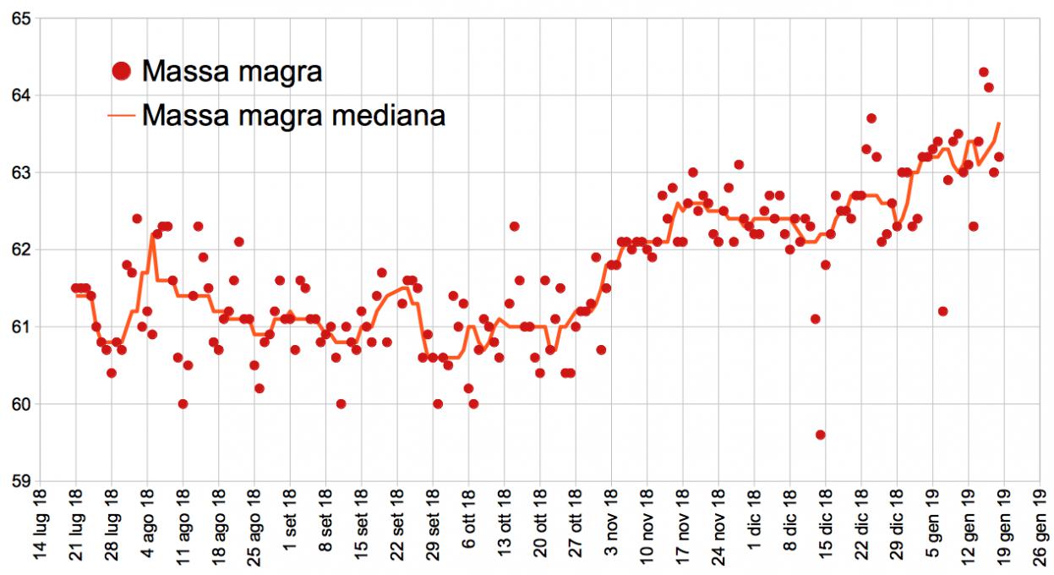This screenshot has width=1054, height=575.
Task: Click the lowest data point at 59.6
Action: [820, 435]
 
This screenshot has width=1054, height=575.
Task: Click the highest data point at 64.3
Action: [983, 72]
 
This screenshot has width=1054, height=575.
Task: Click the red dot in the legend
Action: [122, 71]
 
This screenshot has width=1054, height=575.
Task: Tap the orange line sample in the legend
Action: [122, 115]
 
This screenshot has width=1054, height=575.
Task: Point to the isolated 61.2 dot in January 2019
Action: [942, 311]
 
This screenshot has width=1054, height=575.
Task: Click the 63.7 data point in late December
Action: [871, 118]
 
